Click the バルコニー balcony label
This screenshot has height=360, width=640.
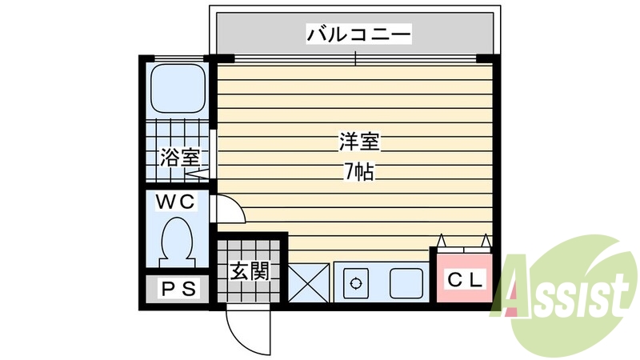pyautogui.click(x=358, y=35)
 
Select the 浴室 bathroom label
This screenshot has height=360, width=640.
pyautogui.click(x=178, y=158)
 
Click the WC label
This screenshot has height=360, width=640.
pyautogui.click(x=175, y=203)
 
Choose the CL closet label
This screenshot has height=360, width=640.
pyautogui.click(x=464, y=281)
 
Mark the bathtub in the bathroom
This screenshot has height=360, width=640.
pyautogui.click(x=178, y=89)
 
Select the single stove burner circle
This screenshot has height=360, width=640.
pyautogui.click(x=354, y=282)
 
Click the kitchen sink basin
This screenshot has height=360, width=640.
pyautogui.click(x=406, y=282)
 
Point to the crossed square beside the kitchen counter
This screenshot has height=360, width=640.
pyautogui.click(x=308, y=282)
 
